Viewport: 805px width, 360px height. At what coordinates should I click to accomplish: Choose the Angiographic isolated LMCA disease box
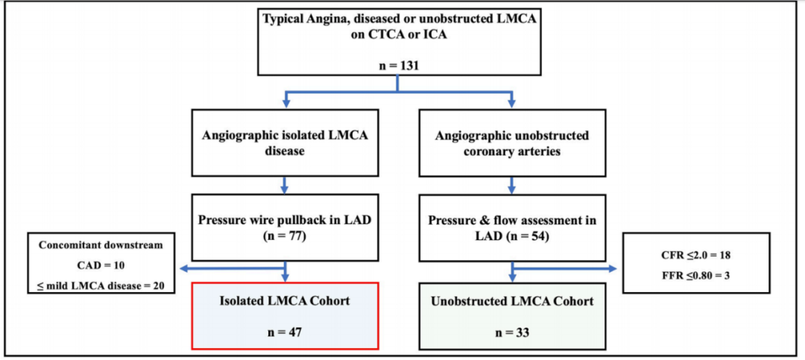[x=286, y=141]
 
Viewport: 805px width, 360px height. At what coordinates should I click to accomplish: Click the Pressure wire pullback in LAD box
[x=286, y=227]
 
